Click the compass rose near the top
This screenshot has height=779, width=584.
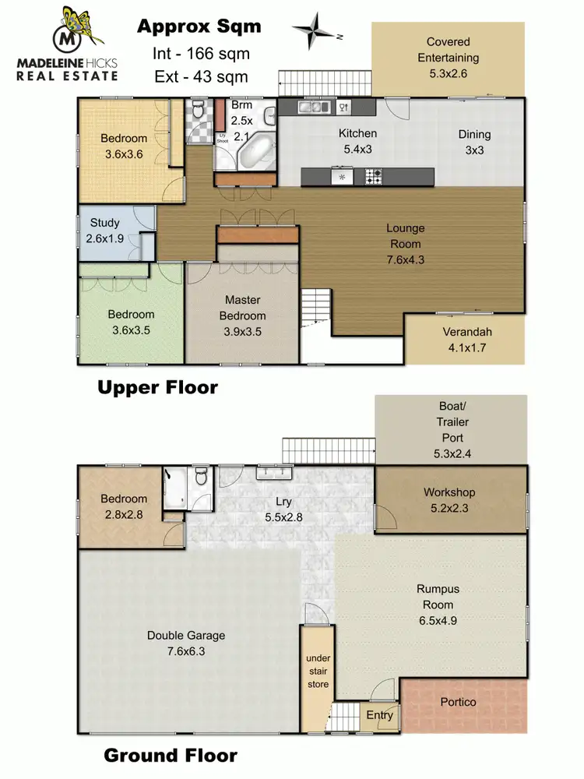(x=316, y=31)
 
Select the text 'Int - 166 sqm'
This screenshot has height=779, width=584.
(x=199, y=54)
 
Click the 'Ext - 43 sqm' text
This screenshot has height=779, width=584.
(x=199, y=76)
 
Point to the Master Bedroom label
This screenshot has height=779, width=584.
(x=243, y=308)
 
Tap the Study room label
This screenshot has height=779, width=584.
(x=104, y=230)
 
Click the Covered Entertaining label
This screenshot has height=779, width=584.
(x=448, y=50)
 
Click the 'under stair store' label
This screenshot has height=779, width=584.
(x=317, y=671)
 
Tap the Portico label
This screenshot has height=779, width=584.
(x=458, y=702)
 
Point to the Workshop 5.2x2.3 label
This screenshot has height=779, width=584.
(x=449, y=499)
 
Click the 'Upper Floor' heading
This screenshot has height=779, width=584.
(x=157, y=387)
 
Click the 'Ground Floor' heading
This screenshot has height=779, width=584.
(x=171, y=755)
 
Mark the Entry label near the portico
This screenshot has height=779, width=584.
(x=379, y=715)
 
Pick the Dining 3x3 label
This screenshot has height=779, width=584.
(x=474, y=142)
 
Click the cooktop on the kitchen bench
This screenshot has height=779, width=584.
(x=372, y=177)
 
